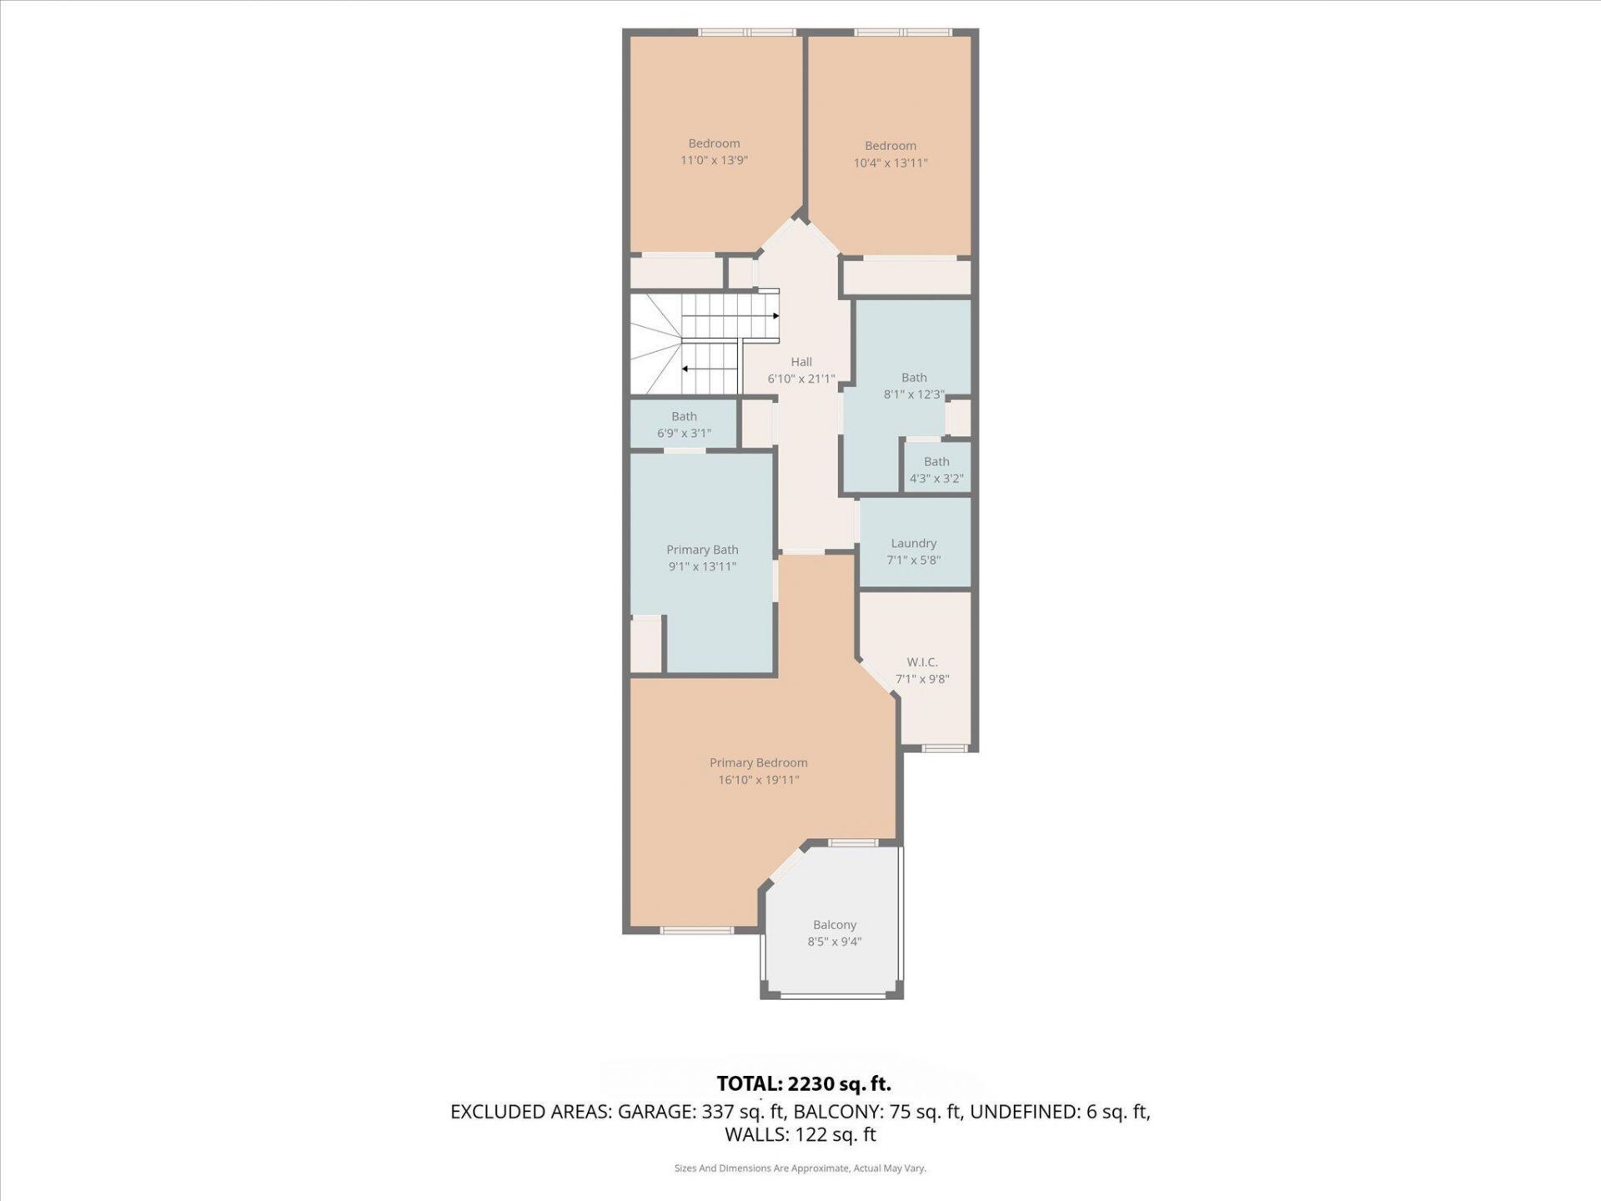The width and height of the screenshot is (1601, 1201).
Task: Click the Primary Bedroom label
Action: coord(758,762)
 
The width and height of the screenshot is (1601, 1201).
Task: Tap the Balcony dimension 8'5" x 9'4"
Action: coord(834,942)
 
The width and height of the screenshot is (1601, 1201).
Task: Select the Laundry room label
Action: coord(913,543)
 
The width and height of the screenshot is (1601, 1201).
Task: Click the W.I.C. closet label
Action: coord(921,662)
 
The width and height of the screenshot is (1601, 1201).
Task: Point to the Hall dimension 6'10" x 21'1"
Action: coord(800,379)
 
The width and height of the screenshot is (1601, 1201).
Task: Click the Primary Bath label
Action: coord(701,550)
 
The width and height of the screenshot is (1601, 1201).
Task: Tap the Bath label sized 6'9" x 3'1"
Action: coord(684,416)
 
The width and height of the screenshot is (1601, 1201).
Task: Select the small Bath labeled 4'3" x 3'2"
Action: coord(936,462)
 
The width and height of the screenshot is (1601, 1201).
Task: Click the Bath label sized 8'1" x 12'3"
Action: coord(914,378)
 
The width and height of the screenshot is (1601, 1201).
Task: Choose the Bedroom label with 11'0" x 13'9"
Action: coord(714,143)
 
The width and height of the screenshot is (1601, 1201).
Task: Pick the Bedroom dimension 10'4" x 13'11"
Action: coord(890,163)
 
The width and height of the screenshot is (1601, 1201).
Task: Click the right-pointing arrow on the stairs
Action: coord(775,316)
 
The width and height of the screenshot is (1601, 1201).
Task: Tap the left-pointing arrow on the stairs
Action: coord(685,369)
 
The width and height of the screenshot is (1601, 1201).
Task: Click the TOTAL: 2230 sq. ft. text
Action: coord(804,1083)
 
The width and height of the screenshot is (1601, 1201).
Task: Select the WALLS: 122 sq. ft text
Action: coord(800,1134)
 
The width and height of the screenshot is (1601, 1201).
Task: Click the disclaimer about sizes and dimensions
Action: coord(800,1168)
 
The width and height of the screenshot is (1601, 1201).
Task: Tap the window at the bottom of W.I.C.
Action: coord(944,748)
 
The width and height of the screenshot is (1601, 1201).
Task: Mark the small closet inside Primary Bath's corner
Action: coord(645,644)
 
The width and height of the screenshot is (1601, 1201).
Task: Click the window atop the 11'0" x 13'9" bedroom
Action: coord(747,33)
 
